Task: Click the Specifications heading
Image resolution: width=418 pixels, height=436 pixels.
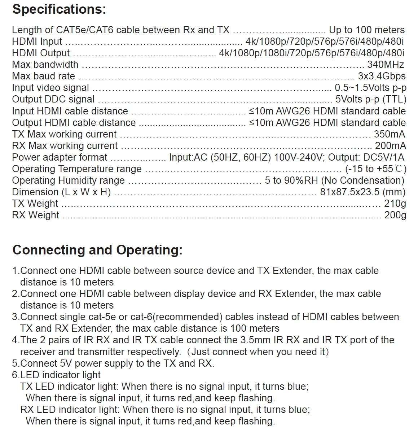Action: tap(59, 9)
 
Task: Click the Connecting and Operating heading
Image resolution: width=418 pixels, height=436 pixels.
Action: tap(97, 250)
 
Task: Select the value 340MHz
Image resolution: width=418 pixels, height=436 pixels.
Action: tap(386, 65)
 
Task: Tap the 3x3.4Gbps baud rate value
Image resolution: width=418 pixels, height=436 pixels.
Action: tap(382, 76)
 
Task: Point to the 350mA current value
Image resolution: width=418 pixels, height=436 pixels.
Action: tap(390, 134)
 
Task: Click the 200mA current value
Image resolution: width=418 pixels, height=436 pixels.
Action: tap(390, 146)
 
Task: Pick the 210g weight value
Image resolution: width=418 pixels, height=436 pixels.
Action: tap(395, 204)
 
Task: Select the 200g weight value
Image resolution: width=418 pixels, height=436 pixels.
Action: tap(395, 215)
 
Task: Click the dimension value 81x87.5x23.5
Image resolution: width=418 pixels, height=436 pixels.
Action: tap(362, 192)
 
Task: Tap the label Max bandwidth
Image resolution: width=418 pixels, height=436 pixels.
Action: tap(45, 65)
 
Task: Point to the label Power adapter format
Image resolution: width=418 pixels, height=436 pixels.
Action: tap(60, 157)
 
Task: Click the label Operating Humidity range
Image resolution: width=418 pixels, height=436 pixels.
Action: tap(68, 180)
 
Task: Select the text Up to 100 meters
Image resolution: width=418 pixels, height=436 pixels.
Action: tap(367, 30)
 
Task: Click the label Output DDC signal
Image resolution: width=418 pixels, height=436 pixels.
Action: tap(53, 99)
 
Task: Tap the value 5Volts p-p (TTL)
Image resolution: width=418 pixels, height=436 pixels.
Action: tap(371, 99)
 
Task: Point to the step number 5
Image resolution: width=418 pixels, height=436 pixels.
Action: tap(14, 363)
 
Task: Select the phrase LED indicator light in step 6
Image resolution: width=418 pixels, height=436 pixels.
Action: tap(60, 375)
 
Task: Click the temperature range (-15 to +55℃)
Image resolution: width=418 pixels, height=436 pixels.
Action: tap(375, 169)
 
